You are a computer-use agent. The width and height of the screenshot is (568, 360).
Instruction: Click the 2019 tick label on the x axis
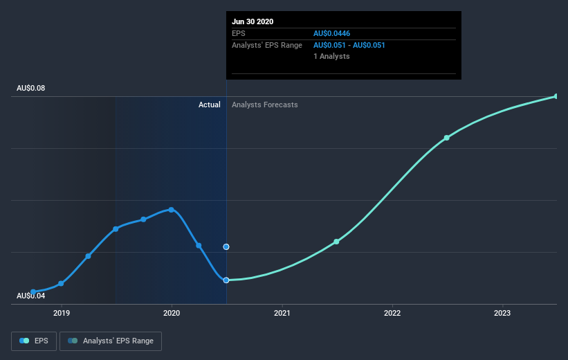[x=62, y=313]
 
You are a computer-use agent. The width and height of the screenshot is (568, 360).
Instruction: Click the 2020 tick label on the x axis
[x=172, y=313]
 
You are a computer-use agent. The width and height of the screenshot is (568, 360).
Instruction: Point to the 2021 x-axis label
[x=282, y=313]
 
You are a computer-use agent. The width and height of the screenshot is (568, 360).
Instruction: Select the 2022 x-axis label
[x=392, y=313]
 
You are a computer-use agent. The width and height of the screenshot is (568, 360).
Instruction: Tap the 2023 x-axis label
[x=502, y=313]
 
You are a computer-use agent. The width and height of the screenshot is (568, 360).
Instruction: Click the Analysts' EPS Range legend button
[x=111, y=341]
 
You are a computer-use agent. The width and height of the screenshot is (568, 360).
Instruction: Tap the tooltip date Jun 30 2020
[x=253, y=21]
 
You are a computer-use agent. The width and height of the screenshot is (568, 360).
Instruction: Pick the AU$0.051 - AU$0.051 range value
[x=349, y=45]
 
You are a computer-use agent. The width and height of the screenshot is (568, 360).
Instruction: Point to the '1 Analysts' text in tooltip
[x=331, y=56]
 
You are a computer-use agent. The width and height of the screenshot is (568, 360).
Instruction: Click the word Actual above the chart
[x=209, y=105]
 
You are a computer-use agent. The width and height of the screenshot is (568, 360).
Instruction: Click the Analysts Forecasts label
[x=265, y=105]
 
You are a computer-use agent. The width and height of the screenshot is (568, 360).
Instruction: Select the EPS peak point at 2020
[x=171, y=210]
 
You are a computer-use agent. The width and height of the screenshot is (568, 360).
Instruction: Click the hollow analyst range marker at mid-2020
[x=226, y=246]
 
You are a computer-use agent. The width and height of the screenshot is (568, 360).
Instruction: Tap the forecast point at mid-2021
[x=336, y=242]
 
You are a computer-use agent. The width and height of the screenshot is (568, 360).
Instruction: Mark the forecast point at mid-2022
[x=447, y=138]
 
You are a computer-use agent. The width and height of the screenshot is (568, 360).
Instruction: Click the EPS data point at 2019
[x=62, y=283]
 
